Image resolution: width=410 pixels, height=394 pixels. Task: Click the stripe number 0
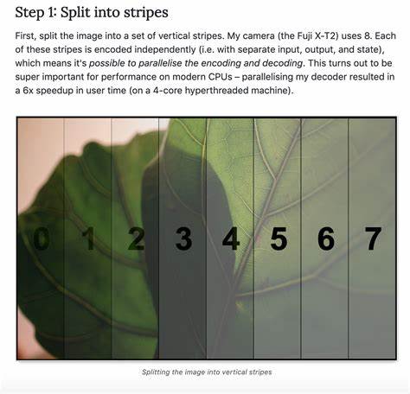pyautogui.click(x=42, y=238)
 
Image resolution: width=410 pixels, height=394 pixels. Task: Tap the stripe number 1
pyautogui.click(x=88, y=238)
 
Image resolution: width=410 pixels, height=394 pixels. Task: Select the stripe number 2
pyautogui.click(x=136, y=238)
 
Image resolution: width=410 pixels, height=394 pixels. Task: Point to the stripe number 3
pyautogui.click(x=183, y=238)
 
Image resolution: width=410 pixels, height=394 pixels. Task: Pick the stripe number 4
pyautogui.click(x=231, y=238)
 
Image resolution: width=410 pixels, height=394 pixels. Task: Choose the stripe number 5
pyautogui.click(x=279, y=238)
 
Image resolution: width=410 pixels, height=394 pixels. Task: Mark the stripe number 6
pyautogui.click(x=326, y=238)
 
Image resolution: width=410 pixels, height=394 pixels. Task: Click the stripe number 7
pyautogui.click(x=374, y=238)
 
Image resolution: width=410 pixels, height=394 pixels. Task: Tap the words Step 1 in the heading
pyautogui.click(x=34, y=13)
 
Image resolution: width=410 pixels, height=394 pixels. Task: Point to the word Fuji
pyautogui.click(x=304, y=36)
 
